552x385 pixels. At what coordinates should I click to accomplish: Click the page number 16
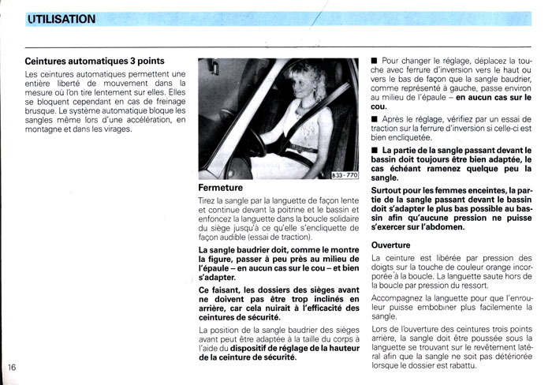12,367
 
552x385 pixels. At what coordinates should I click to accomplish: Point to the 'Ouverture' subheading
392,245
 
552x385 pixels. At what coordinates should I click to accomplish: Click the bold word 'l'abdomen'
445,226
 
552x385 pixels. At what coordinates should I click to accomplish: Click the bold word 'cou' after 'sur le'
378,107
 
